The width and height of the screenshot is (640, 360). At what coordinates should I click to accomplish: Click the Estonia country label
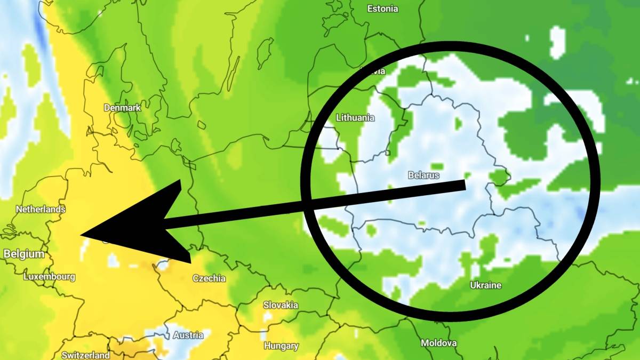(382, 9)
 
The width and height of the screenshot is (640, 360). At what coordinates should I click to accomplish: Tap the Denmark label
(122, 108)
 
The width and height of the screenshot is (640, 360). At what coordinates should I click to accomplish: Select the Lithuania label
(355, 118)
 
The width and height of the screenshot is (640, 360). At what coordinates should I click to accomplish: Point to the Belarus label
(423, 175)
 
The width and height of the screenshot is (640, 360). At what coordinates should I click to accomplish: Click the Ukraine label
(485, 285)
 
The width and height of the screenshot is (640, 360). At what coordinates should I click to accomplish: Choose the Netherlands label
(41, 210)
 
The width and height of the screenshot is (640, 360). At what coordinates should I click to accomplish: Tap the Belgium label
(24, 254)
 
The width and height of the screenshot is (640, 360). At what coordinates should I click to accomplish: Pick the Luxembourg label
(49, 277)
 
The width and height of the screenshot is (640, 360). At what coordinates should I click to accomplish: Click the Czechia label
(209, 278)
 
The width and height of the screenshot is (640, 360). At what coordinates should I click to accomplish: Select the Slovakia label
(281, 306)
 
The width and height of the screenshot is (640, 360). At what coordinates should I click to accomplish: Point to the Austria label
(188, 335)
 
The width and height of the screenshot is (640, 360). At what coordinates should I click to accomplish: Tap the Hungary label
(281, 346)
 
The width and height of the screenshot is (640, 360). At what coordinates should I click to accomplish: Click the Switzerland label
(86, 355)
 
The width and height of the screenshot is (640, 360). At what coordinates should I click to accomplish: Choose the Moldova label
(439, 343)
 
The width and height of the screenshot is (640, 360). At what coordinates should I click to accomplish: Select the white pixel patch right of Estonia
(557, 40)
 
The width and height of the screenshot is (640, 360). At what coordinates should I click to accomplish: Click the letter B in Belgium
(7, 254)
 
